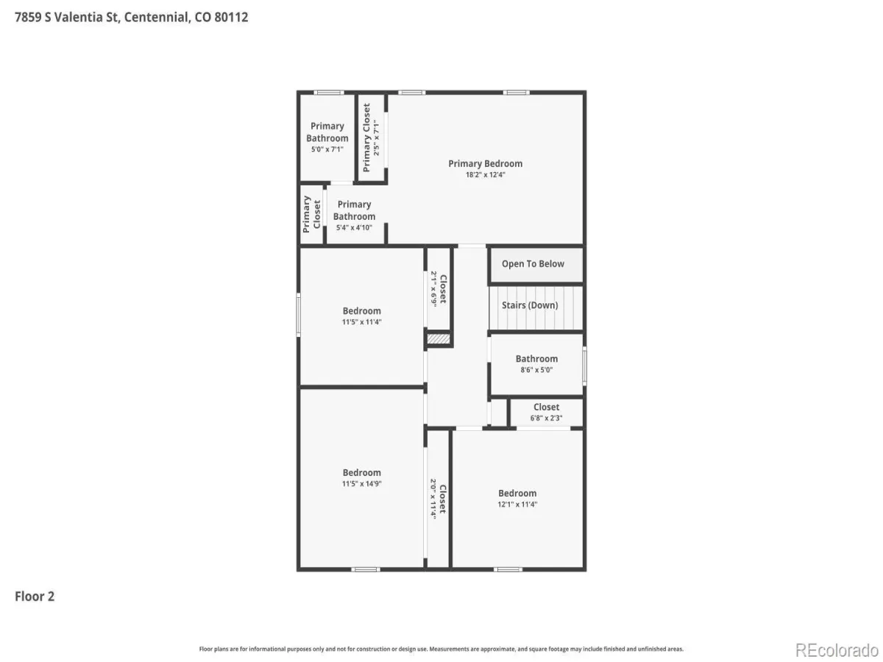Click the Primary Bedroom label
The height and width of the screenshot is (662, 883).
tap(485, 163)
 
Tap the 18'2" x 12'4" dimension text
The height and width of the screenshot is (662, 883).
tap(485, 175)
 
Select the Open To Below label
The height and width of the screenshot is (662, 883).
tap(533, 263)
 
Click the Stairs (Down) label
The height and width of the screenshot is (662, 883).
tap(530, 305)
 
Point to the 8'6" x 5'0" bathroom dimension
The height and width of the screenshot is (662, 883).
tap(536, 370)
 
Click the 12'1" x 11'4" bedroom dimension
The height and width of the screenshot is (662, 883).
tap(517, 505)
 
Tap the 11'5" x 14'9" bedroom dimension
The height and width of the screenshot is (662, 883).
tap(361, 483)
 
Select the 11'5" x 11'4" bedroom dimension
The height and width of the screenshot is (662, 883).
tap(361, 322)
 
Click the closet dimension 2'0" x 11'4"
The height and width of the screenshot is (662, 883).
tap(433, 499)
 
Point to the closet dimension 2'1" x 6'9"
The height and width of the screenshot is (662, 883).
tap(433, 289)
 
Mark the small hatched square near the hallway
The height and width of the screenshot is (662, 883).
tap(438, 339)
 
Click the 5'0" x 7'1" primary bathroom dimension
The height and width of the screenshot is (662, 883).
tap(327, 149)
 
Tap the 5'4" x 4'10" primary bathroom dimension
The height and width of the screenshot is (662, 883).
tap(354, 227)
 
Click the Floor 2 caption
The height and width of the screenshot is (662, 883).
tap(35, 596)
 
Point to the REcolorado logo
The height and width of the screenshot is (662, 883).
tap(837, 649)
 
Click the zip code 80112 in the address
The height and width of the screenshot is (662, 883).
tap(231, 17)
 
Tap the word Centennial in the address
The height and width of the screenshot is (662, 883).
tap(157, 17)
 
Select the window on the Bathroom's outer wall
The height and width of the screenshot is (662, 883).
tap(584, 366)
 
